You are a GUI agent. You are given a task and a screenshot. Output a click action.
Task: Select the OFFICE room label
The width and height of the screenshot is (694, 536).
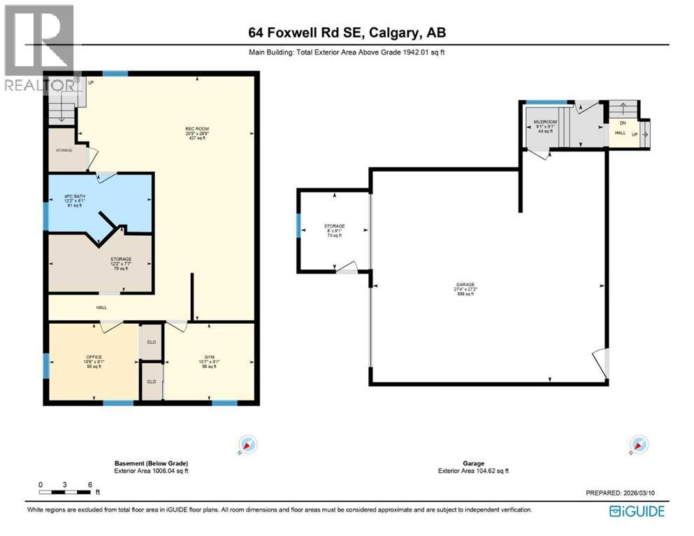pos(94,357)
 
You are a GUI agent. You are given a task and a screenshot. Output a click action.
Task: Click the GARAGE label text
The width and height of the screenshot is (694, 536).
pos(466,285)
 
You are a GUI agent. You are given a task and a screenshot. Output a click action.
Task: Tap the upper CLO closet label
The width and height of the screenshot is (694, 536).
pos(151,343)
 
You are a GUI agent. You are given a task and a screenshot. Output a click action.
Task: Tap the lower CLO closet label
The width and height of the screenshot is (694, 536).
pos(151,382)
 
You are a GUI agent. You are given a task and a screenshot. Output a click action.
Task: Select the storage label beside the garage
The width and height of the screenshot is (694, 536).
pos(334,226)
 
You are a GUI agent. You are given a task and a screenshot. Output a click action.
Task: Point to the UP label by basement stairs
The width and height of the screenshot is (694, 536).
pos(91,83)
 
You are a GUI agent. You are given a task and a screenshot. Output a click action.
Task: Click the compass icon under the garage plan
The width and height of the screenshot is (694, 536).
pos(636,444)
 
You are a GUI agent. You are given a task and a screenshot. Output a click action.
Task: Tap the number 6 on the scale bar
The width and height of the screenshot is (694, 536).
pos(89,484)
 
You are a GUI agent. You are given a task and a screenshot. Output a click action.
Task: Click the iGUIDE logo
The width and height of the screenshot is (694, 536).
pos(637,512)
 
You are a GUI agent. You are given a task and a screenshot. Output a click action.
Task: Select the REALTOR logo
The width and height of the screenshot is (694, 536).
pos(38,49)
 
